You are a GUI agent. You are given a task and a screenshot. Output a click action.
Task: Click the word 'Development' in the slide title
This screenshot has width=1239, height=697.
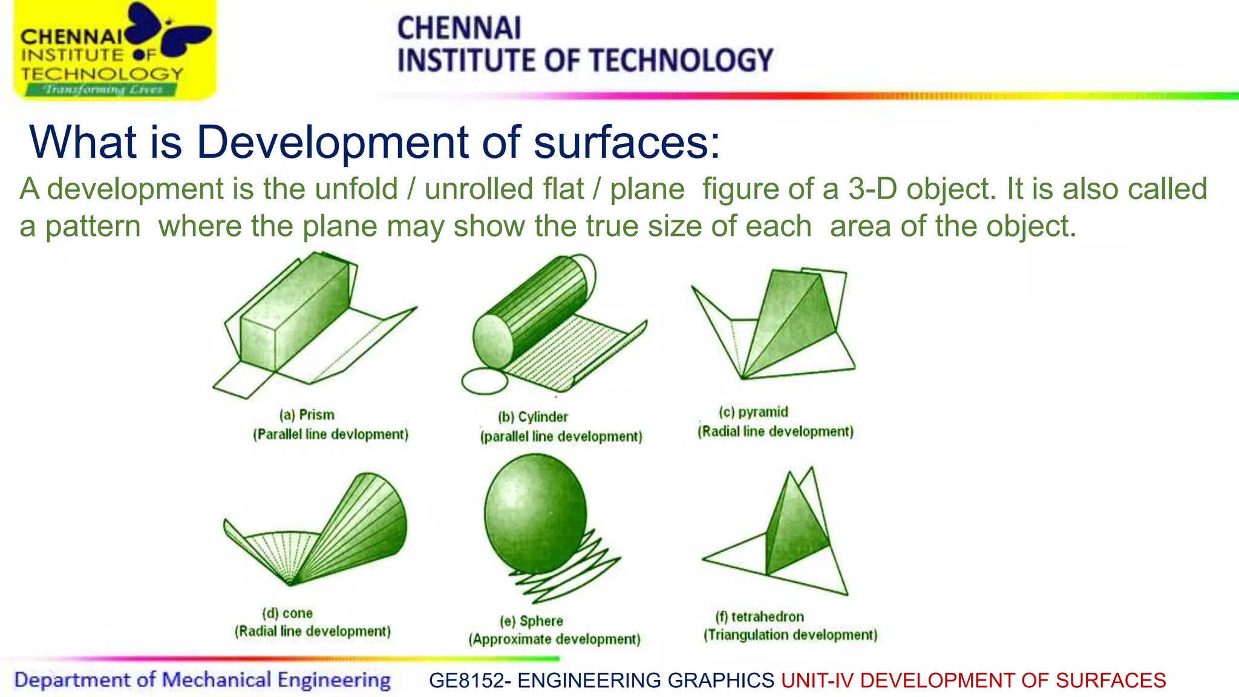(332, 142)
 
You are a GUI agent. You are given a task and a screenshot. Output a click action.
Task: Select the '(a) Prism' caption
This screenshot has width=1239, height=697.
(307, 415)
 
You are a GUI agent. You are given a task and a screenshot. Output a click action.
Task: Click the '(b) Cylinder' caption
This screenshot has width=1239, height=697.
(533, 417)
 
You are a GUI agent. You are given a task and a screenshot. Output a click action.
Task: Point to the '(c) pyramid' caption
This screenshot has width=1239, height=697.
(753, 412)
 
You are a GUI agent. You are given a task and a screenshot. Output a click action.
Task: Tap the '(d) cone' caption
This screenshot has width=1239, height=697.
(287, 613)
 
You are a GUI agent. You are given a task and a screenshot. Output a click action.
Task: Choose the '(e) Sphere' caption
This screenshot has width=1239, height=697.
(531, 621)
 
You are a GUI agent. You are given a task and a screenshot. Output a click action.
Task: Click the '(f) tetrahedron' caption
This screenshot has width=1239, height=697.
(760, 617)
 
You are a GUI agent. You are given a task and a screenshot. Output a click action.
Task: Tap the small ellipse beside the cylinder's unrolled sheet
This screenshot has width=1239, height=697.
(485, 382)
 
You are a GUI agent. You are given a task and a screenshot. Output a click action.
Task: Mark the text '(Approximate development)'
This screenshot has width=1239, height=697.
(554, 640)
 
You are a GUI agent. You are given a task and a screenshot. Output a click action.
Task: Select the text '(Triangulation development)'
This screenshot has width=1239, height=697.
(790, 635)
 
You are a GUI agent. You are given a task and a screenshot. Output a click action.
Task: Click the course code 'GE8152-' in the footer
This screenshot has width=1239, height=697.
(471, 681)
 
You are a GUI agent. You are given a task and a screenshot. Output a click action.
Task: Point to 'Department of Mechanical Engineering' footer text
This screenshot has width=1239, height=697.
(202, 680)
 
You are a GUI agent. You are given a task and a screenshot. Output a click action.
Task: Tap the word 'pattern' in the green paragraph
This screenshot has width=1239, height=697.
(93, 226)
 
